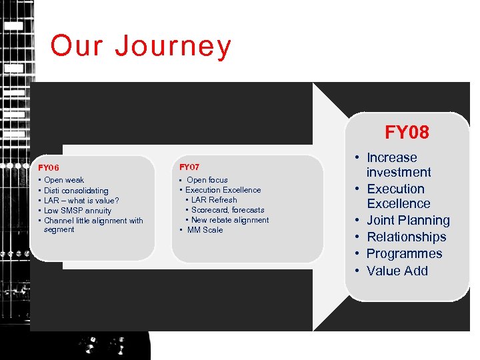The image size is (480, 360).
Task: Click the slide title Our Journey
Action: [x=141, y=47]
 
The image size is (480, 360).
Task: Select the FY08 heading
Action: [x=407, y=132]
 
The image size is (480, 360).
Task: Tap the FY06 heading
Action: [x=49, y=168]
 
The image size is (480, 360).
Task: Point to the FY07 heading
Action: [x=189, y=167]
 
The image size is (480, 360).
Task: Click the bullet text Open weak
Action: [x=64, y=180]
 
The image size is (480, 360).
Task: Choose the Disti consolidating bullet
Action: [x=76, y=191]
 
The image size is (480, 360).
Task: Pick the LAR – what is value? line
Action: [x=81, y=201]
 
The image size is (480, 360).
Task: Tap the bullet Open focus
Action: [x=207, y=180]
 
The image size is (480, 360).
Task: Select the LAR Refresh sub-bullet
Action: [x=214, y=200]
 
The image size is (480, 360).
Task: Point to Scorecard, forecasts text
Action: [x=227, y=210]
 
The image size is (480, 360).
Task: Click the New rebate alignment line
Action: [x=230, y=220]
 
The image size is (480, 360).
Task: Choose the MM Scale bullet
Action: [x=205, y=230]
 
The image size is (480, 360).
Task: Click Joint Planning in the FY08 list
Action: [x=408, y=221]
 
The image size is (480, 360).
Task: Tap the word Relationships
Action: [x=406, y=237]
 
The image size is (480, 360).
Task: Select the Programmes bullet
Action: [x=404, y=254]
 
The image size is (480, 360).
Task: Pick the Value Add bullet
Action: [x=397, y=271]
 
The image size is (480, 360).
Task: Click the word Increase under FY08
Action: [x=392, y=158]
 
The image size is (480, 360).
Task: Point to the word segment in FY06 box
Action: [x=59, y=230]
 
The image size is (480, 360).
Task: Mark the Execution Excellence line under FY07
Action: [x=223, y=190]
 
